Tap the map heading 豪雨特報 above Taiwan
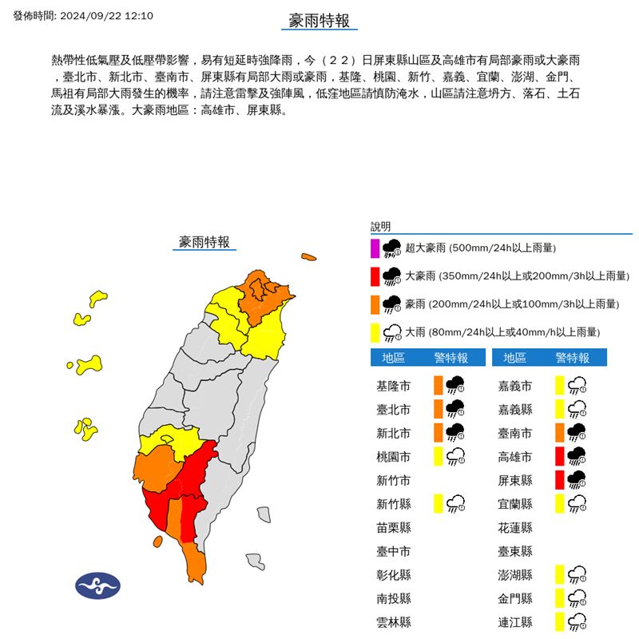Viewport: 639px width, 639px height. (204, 242)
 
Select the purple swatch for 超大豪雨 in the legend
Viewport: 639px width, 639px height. (375, 248)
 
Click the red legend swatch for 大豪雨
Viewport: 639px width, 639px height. (375, 276)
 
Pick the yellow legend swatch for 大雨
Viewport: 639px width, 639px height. (375, 331)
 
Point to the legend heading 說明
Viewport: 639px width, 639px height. (381, 227)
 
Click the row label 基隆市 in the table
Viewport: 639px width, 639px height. (394, 387)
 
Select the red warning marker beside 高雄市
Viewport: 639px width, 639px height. (560, 456)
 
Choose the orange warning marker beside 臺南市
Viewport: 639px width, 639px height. (560, 433)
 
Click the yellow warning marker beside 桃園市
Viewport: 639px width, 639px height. (438, 456)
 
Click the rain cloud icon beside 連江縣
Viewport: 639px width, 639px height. (577, 621)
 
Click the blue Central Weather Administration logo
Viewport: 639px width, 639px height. (97, 585)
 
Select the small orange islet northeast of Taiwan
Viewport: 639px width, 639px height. (308, 257)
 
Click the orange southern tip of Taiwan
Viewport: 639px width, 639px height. (195, 563)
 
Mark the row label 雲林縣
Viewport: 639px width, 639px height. (394, 621)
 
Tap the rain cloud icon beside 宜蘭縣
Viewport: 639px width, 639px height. (577, 503)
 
